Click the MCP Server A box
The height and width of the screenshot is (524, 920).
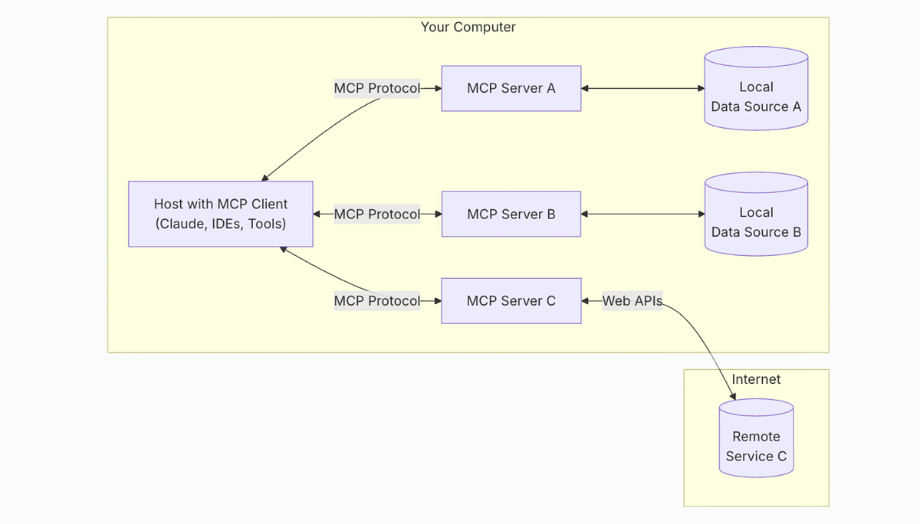(x=511, y=88)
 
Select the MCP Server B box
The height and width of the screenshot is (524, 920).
(x=511, y=214)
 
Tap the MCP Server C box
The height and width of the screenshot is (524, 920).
(x=511, y=301)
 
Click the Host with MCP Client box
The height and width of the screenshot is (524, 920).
(x=221, y=214)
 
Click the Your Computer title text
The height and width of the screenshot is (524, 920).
(x=468, y=27)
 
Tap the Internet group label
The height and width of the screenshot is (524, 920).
(x=756, y=379)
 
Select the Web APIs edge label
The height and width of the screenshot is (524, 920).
(x=632, y=301)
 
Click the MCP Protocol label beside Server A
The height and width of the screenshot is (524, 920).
(x=377, y=88)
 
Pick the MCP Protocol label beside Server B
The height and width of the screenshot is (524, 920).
(x=377, y=214)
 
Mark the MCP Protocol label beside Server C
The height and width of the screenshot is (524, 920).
(x=377, y=301)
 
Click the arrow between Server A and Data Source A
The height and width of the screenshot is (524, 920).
(x=642, y=88)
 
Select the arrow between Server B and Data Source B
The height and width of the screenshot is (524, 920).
(x=642, y=214)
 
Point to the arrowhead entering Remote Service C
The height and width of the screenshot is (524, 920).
(x=733, y=397)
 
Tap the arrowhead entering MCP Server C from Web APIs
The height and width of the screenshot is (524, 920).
(x=586, y=301)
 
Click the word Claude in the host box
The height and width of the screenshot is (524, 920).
(x=180, y=224)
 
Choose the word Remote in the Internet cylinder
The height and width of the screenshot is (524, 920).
(x=756, y=437)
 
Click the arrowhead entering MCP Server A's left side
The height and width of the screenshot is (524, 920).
(x=438, y=88)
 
